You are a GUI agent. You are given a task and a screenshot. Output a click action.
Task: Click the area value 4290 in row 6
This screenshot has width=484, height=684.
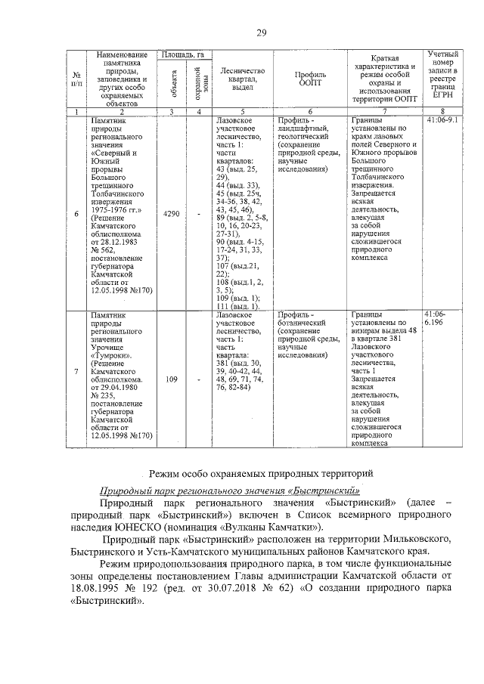tap(172, 215)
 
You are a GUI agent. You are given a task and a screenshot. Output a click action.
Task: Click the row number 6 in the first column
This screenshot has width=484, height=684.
tap(76, 215)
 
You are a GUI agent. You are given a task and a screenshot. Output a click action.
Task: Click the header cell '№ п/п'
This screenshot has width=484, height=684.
tap(76, 79)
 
